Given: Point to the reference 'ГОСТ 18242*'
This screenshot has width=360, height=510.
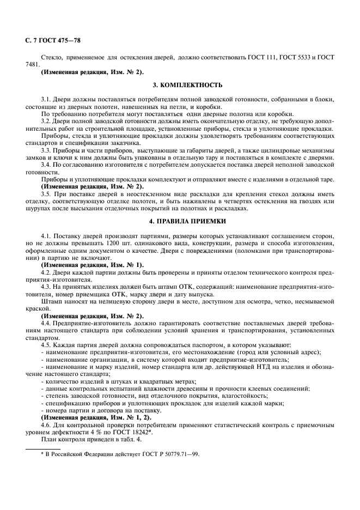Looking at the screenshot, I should pyautogui.click(x=131, y=432).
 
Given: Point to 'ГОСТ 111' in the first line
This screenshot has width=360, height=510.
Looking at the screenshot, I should pyautogui.click(x=264, y=57).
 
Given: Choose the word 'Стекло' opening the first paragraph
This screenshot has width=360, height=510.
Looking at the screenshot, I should pyautogui.click(x=52, y=57).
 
